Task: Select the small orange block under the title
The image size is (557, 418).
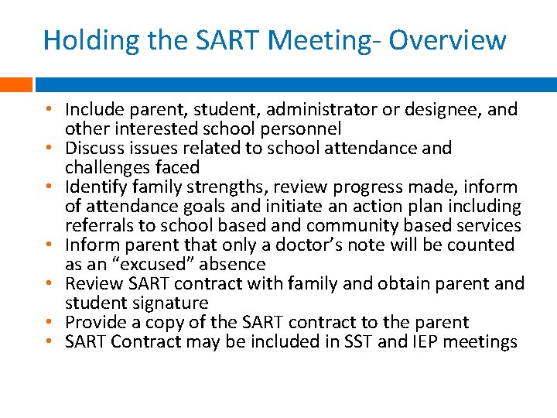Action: click(15, 84)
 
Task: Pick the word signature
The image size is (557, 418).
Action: click(168, 303)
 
